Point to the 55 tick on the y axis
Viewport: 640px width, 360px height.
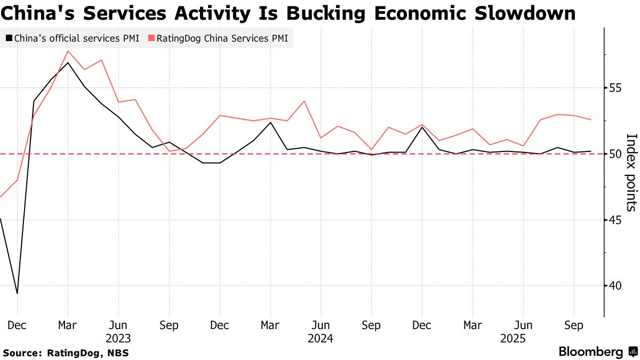click(615, 87)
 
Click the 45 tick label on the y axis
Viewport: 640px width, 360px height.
click(615, 220)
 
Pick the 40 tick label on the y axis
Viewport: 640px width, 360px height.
click(615, 286)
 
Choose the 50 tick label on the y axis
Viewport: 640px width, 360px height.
click(615, 154)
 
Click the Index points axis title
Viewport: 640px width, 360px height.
click(631, 172)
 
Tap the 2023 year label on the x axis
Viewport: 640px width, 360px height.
click(118, 338)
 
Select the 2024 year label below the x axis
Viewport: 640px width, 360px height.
click(320, 338)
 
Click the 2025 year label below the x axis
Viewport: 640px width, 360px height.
click(513, 338)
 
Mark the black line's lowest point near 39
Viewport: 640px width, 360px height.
click(18, 293)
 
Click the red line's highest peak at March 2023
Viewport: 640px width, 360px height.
click(68, 51)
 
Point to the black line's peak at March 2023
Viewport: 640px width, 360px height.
click(68, 63)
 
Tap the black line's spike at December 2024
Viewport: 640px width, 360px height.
click(422, 127)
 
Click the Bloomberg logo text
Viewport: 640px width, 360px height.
click(590, 352)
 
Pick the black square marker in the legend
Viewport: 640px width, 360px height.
click(9, 38)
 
